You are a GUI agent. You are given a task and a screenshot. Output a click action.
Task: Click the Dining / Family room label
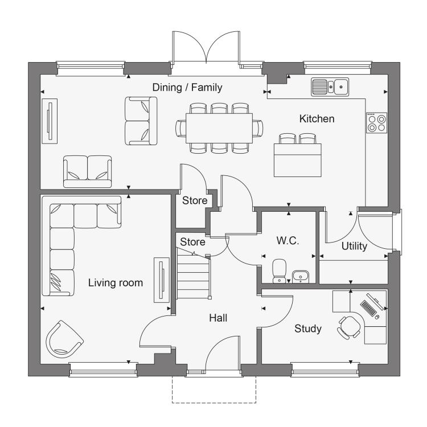pos(187,88)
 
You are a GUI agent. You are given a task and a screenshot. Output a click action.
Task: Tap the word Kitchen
pos(317,119)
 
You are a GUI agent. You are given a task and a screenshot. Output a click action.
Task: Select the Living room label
pos(116,282)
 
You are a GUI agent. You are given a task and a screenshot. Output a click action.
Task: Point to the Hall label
pos(218,318)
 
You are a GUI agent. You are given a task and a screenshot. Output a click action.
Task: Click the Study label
pos(307,329)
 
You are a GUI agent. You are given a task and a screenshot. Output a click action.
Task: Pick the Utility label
pos(354,246)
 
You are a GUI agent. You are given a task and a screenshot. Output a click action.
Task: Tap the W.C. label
pos(288,240)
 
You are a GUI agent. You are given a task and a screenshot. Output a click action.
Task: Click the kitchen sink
pos(330,87)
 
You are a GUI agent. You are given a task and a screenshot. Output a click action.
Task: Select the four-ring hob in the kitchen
pos(376,123)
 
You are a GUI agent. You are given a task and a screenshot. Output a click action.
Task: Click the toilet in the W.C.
pos(280,271)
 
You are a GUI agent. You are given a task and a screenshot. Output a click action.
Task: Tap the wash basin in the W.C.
pos(301,277)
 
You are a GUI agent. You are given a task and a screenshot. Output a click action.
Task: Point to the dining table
pos(219,128)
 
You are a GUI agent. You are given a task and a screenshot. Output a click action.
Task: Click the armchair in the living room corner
pos(64,339)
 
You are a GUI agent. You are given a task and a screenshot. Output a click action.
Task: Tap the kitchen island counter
pos(297,160)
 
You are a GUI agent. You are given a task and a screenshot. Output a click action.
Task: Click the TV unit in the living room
pos(162,280)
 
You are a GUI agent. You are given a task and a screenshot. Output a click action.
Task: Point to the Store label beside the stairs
pos(192,242)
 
